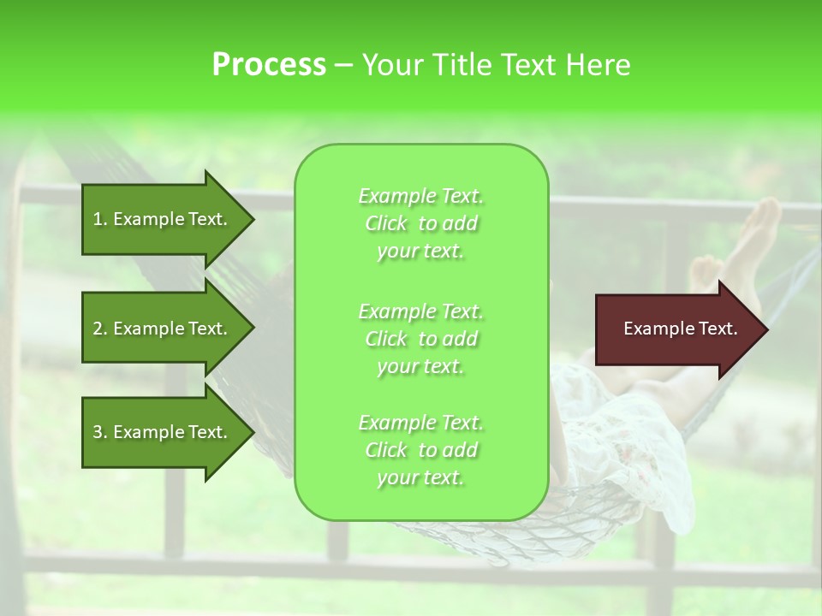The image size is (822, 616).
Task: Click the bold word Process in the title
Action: click(x=269, y=65)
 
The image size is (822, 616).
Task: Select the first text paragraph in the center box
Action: click(x=420, y=223)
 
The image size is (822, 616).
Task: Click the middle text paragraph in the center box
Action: click(x=420, y=338)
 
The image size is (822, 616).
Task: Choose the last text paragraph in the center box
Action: click(x=420, y=450)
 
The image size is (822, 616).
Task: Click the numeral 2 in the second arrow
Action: click(x=98, y=329)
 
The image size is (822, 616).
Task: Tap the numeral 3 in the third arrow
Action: click(x=98, y=432)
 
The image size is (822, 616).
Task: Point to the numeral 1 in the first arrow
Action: click(x=98, y=219)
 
